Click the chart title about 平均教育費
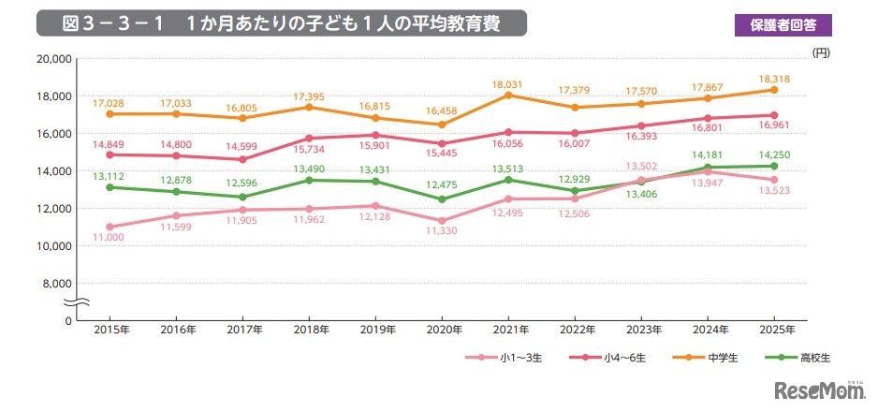point(281,23)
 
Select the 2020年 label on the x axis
point(444,330)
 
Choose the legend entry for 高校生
point(783,359)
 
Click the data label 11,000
point(111,239)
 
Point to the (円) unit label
point(821,52)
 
